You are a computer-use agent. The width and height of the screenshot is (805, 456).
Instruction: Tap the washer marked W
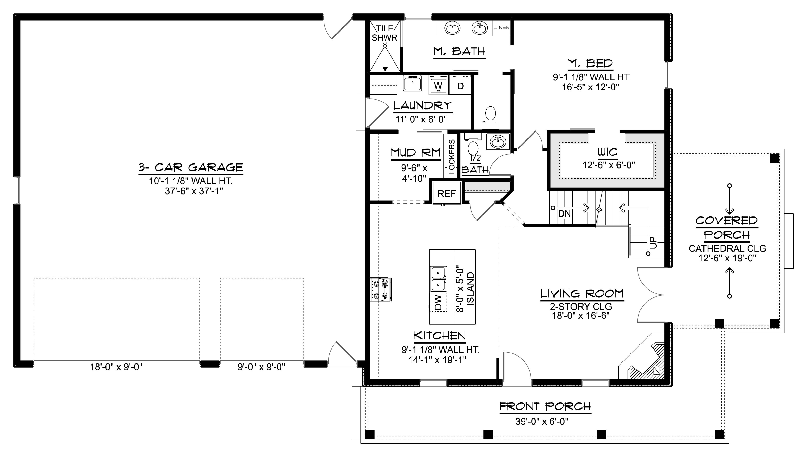pyautogui.click(x=438, y=85)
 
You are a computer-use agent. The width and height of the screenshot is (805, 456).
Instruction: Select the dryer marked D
pyautogui.click(x=460, y=85)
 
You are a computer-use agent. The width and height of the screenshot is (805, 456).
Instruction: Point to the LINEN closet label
pyautogui.click(x=501, y=27)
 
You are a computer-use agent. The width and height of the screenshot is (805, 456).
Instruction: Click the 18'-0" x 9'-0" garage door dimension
pyautogui.click(x=116, y=367)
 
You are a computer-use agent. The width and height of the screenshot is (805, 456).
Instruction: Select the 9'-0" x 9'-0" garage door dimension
pyautogui.click(x=261, y=367)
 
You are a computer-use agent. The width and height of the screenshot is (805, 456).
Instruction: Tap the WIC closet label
pyautogui.click(x=608, y=152)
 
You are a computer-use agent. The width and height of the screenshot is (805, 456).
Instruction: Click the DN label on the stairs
pyautogui.click(x=564, y=214)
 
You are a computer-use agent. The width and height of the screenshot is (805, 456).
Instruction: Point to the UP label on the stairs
pyautogui.click(x=653, y=243)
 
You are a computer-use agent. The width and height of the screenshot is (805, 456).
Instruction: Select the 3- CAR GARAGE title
pyautogui.click(x=191, y=167)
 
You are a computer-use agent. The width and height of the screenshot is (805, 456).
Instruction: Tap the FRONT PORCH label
pyautogui.click(x=545, y=406)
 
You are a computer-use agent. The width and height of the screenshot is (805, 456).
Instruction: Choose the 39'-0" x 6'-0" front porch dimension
pyautogui.click(x=542, y=422)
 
